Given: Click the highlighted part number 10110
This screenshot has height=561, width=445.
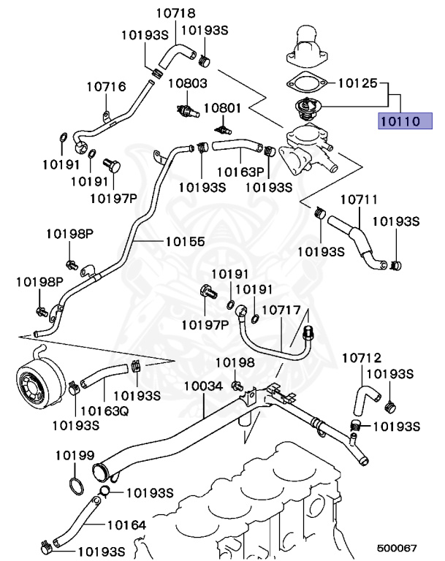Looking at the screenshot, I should (x=400, y=121).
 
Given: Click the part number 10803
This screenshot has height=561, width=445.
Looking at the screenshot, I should (x=188, y=84).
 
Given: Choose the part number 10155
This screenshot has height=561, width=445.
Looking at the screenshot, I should (x=185, y=240).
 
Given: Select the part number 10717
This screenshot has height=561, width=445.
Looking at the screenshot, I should (x=281, y=310).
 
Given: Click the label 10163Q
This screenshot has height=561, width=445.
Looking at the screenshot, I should (x=104, y=410).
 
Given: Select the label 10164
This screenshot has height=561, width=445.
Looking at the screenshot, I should (x=127, y=524).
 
